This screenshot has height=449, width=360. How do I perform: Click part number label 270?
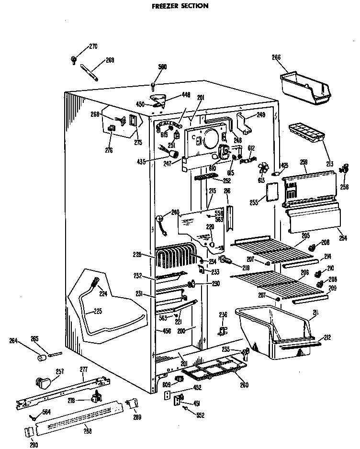[93, 46]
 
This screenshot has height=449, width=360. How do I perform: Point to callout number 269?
[110, 60]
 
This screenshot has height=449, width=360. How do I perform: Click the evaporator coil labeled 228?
[176, 258]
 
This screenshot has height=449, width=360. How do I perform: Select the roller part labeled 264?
[42, 358]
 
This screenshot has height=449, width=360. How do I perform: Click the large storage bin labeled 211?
[272, 333]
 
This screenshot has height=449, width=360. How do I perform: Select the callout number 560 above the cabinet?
[162, 67]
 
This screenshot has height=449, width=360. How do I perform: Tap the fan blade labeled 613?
[262, 168]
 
